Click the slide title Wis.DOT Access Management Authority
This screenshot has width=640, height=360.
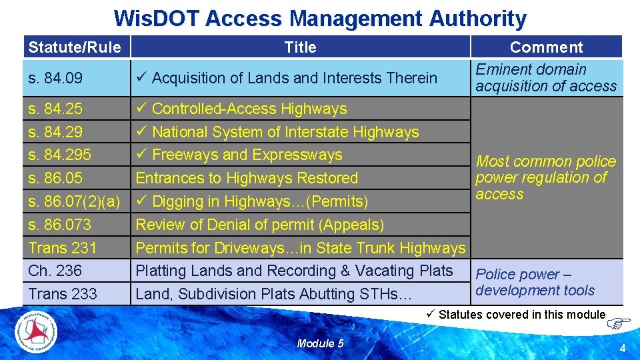[x=320, y=18]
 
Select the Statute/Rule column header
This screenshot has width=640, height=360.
[x=75, y=47]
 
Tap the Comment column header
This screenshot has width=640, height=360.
[x=546, y=47]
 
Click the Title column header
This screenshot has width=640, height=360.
[x=300, y=47]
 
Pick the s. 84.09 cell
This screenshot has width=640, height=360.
[x=55, y=78]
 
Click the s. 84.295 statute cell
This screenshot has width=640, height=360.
[x=61, y=155]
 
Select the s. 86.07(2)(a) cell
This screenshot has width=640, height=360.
[x=75, y=201]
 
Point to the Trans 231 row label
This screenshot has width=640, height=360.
[x=63, y=248]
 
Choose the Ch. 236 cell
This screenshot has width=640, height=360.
[x=55, y=271]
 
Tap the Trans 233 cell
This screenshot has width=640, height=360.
[x=63, y=294]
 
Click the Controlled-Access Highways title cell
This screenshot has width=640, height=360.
[x=249, y=109]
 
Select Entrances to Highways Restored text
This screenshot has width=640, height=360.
[x=247, y=178]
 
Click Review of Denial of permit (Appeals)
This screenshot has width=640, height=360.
[x=260, y=225]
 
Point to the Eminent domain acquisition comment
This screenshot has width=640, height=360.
[x=545, y=78]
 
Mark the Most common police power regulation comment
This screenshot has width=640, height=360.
[x=545, y=177]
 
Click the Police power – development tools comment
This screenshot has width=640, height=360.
[x=535, y=282]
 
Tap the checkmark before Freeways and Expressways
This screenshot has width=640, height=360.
[x=141, y=155]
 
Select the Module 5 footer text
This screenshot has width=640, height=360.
[x=320, y=343]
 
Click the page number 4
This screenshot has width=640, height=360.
[x=622, y=348]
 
